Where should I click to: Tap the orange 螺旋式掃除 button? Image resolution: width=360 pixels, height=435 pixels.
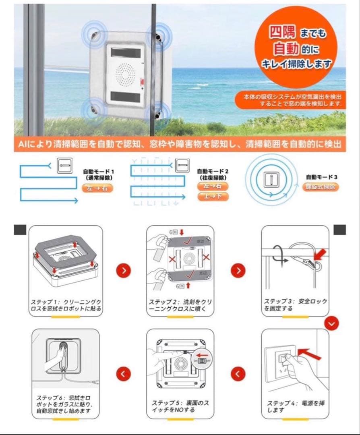(320, 187)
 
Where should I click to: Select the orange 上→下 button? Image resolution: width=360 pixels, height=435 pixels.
(213, 197)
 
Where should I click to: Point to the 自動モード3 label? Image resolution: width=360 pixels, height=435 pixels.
(321, 177)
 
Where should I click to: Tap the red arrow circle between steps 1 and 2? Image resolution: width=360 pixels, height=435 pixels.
(124, 270)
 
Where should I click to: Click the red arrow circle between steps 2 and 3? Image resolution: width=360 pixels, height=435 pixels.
(238, 270)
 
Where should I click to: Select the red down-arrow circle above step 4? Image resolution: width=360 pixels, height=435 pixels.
(331, 323)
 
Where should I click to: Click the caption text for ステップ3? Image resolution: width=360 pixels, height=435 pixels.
(295, 305)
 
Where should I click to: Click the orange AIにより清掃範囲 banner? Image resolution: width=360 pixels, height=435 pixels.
(180, 144)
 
